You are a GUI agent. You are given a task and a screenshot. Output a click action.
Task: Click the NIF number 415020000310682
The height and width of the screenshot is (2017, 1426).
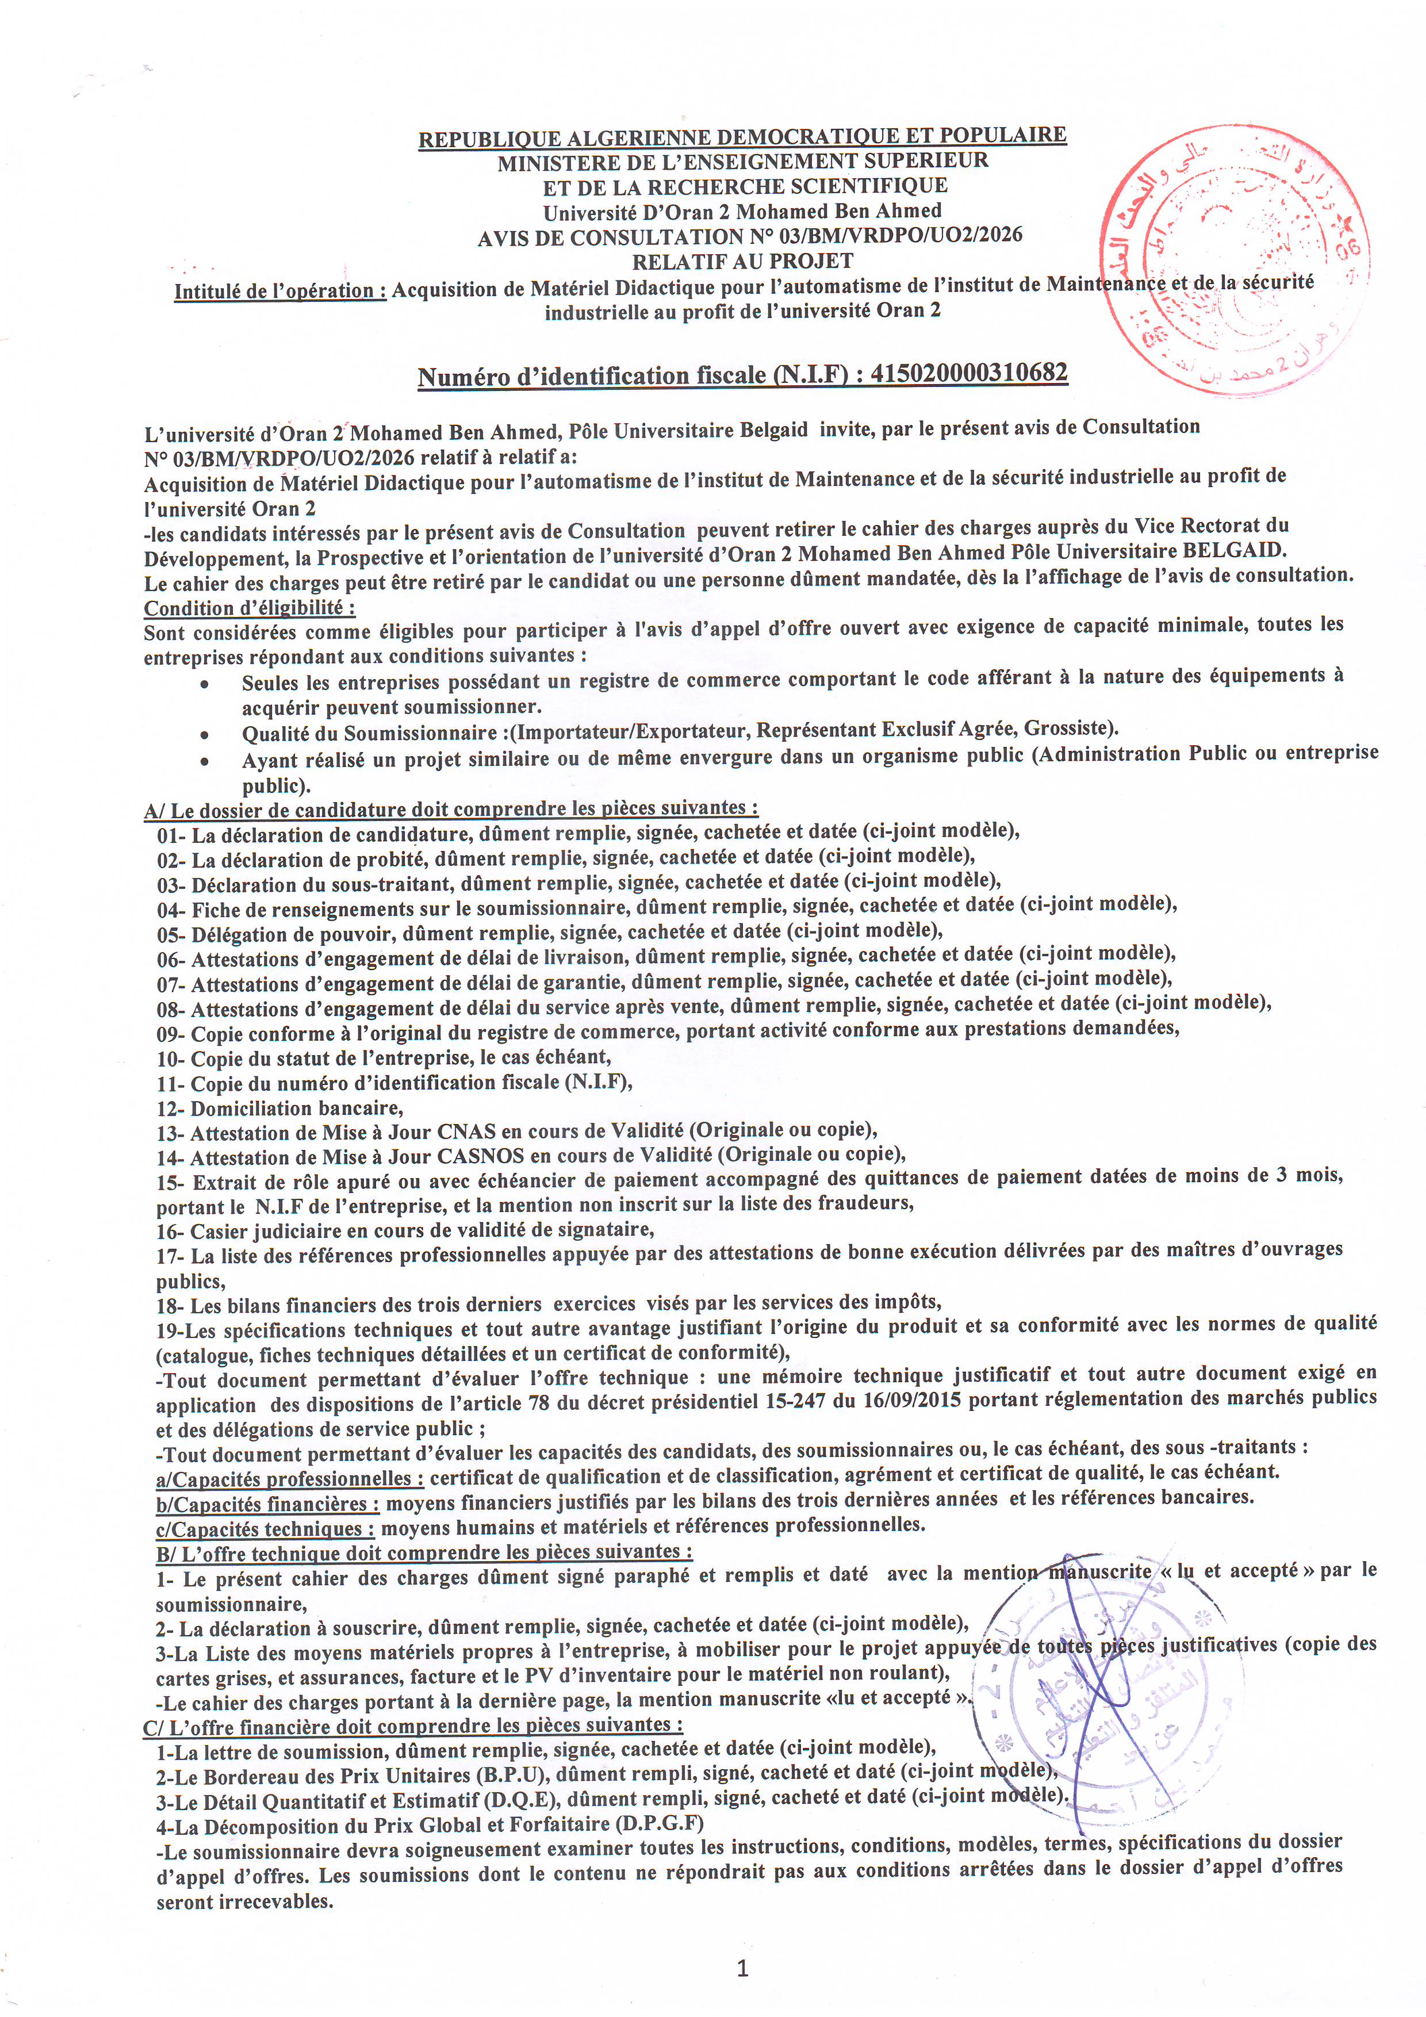pos(969,373)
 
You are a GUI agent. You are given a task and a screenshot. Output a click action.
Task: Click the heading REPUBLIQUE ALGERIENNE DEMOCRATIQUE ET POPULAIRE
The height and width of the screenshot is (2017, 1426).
pos(742,137)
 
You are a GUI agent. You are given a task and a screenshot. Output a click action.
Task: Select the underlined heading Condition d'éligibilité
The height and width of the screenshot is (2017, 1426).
pos(250,608)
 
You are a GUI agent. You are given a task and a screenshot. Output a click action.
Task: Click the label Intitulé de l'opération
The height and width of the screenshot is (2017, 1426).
pos(280,291)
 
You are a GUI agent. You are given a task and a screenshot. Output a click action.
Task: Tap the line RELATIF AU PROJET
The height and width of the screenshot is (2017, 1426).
pos(742,261)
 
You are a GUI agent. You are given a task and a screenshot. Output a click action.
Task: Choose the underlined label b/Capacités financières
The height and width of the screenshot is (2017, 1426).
pos(267,1503)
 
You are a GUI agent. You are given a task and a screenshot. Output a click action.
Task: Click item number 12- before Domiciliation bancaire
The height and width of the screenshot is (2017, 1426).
pos(171,1108)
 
